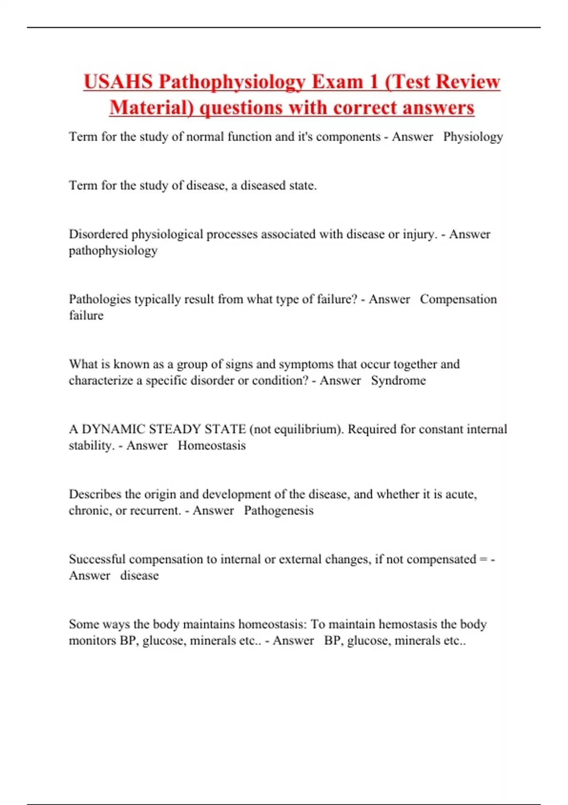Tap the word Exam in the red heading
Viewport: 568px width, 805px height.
tap(337, 82)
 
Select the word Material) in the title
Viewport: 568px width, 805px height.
tap(152, 107)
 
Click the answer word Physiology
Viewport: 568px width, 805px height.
tap(473, 137)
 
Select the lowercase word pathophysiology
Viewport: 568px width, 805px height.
tap(113, 250)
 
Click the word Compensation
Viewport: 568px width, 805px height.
tap(458, 299)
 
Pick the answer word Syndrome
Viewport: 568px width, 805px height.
tap(398, 381)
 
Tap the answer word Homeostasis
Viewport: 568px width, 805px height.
tap(212, 446)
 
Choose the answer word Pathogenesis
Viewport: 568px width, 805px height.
tap(279, 510)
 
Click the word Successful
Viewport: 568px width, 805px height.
tap(97, 559)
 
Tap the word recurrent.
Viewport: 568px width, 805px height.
tap(155, 510)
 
